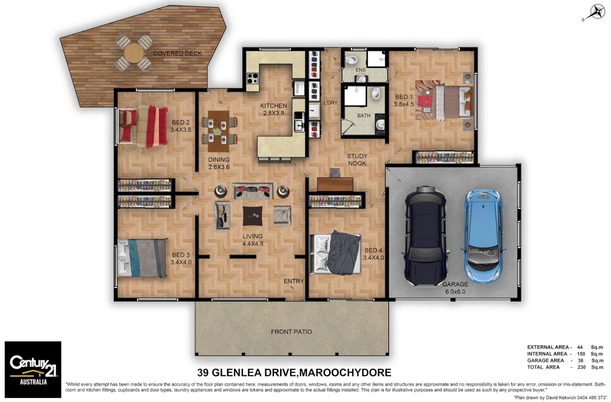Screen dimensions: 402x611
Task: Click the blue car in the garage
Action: coord(483,236)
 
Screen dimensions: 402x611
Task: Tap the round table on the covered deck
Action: coord(134,53)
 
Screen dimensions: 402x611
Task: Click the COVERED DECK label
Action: coord(177,54)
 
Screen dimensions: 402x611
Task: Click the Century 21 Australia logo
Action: coord(33,369)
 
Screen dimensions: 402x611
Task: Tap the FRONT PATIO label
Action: coord(291,332)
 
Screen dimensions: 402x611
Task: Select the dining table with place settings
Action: coord(218,131)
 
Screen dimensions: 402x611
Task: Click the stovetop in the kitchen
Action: coord(253,78)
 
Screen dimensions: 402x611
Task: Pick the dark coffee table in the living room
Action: coord(253,216)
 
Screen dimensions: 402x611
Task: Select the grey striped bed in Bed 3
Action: coord(143,258)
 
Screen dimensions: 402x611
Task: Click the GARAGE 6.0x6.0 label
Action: coord(455,288)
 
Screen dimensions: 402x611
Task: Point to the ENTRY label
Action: coord(294,281)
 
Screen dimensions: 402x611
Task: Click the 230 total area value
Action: coord(581,367)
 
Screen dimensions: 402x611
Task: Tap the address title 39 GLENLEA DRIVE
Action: coord(294,373)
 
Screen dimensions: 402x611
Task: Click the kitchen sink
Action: coord(298,122)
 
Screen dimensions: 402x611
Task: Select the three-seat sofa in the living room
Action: coord(252,191)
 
